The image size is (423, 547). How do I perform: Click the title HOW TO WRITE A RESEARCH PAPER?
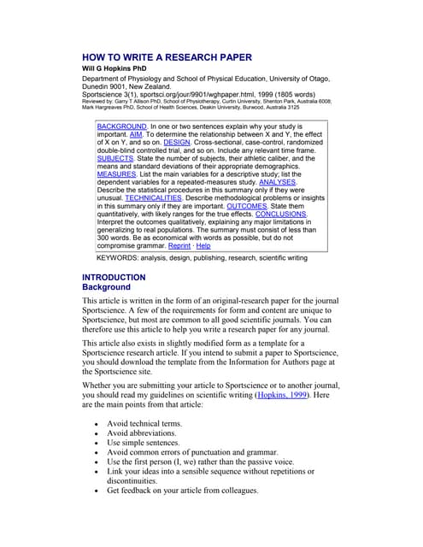pyautogui.click(x=167, y=58)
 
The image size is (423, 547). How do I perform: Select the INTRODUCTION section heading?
pyautogui.click(x=114, y=278)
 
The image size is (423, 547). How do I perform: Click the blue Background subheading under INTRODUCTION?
pyautogui.click(x=106, y=288)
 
